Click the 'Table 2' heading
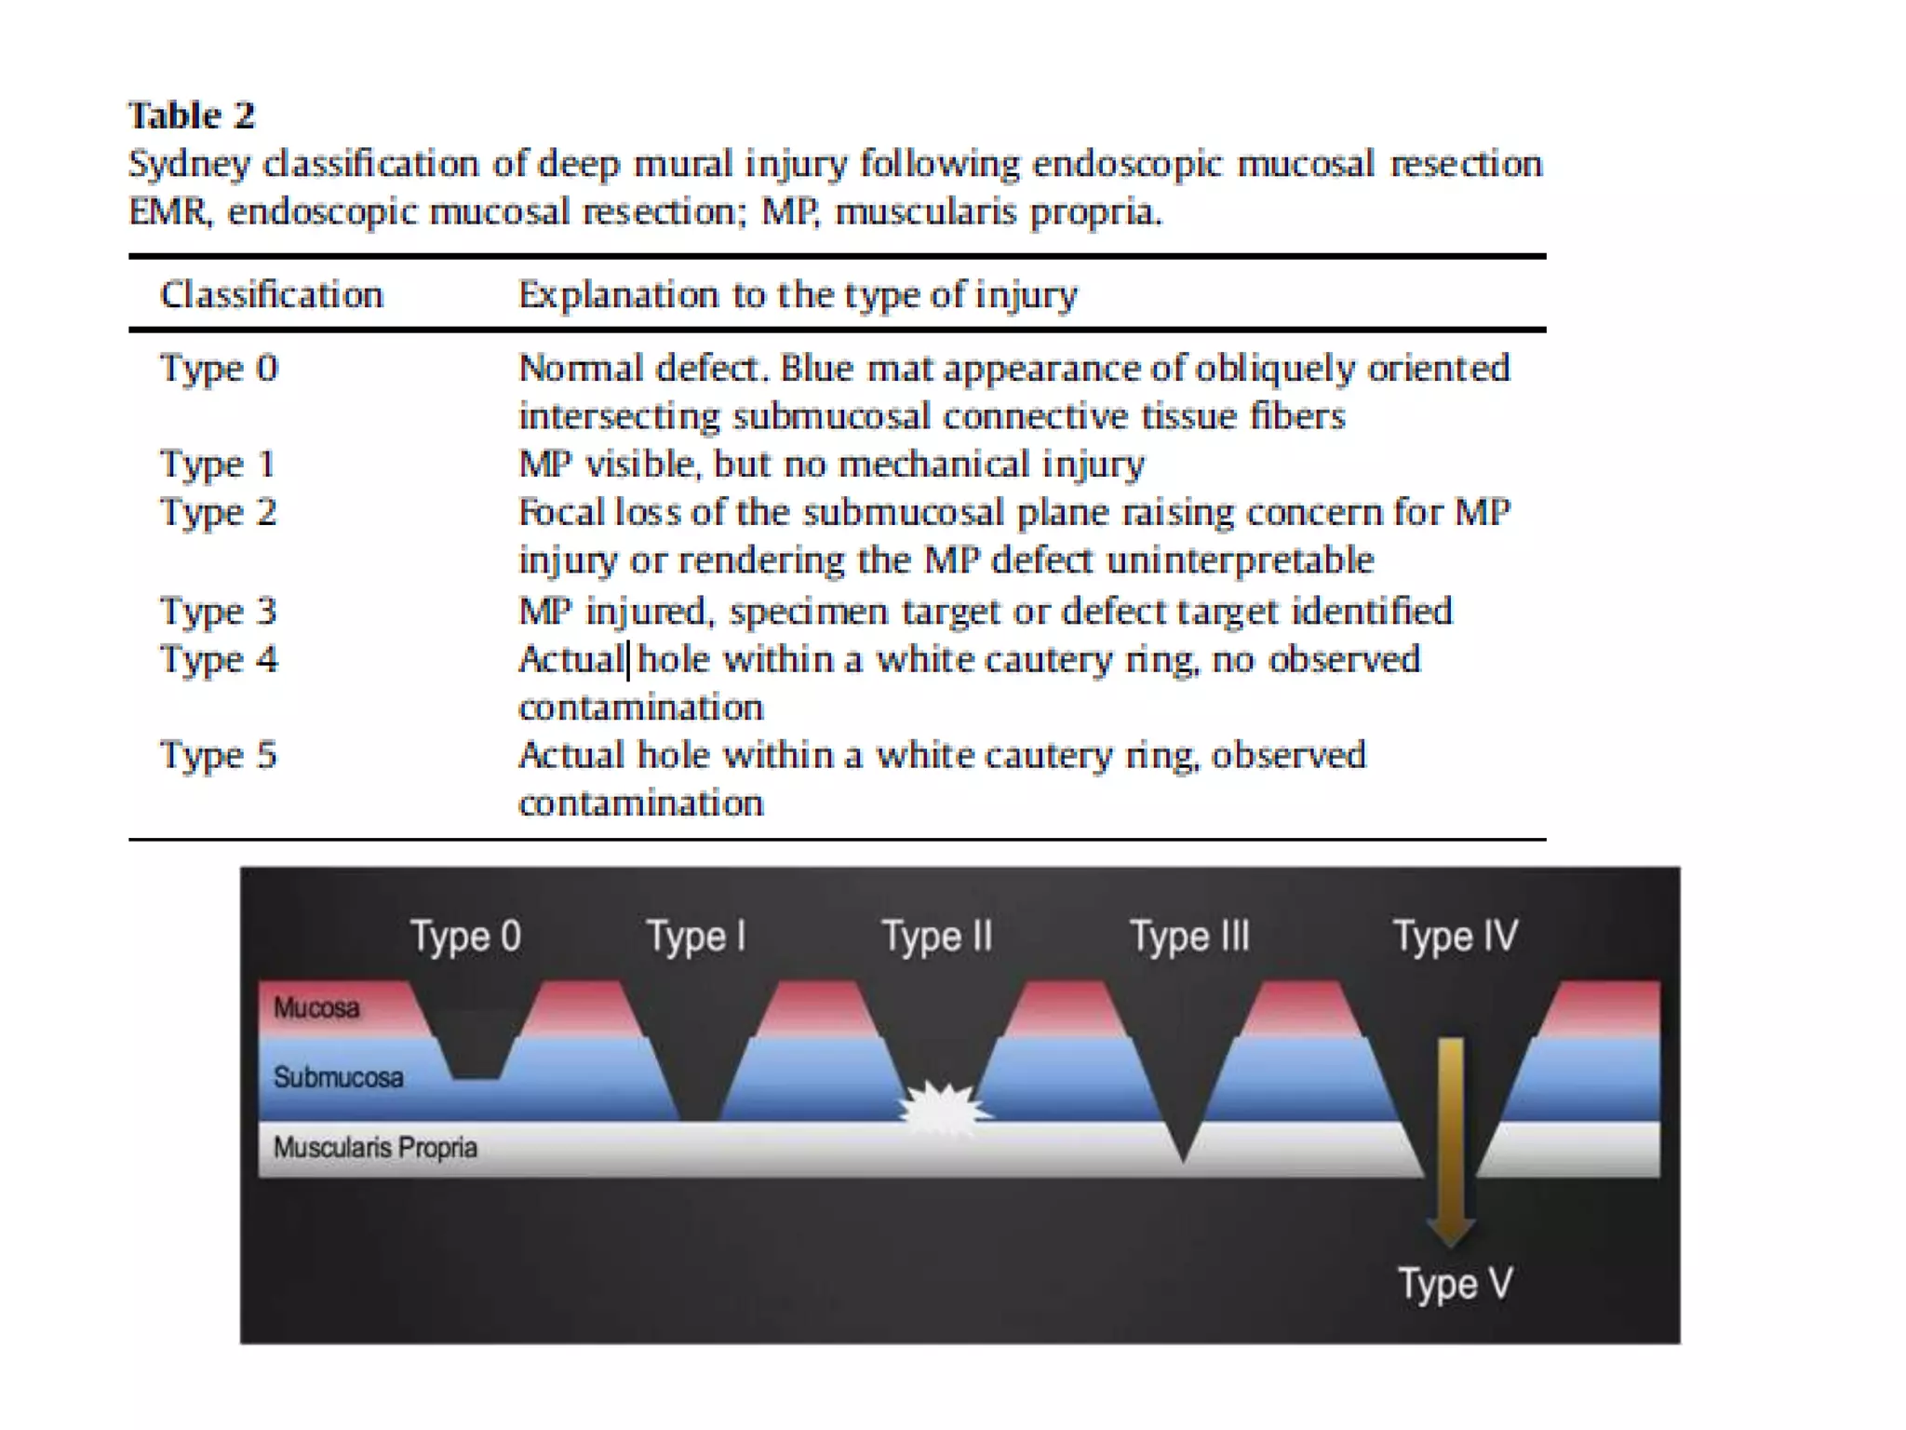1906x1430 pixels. coord(191,115)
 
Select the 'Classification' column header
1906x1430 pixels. coord(271,295)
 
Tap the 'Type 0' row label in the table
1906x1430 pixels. coord(219,369)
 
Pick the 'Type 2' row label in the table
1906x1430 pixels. coord(219,512)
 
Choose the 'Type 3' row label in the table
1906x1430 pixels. coord(219,612)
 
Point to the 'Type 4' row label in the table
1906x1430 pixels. coord(219,660)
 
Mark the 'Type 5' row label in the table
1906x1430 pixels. coord(219,755)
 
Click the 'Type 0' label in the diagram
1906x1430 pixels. coord(465,937)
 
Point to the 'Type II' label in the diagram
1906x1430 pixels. coord(936,937)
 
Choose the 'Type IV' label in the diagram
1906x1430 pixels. coord(1455,937)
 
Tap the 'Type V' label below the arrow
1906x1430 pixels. coord(1455,1284)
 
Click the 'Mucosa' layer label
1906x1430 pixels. coord(316,1008)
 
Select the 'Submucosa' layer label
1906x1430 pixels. coord(338,1078)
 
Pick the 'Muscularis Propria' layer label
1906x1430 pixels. coord(375,1148)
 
